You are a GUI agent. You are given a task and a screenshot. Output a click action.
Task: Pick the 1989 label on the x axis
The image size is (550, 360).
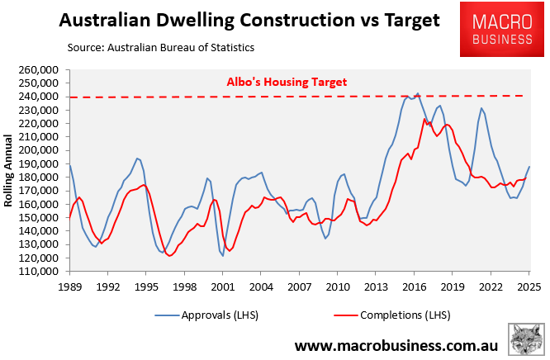[69, 287]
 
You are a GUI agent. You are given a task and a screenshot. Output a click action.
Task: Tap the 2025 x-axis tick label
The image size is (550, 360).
[529, 287]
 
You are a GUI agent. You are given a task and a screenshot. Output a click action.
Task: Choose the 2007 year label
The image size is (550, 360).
[299, 287]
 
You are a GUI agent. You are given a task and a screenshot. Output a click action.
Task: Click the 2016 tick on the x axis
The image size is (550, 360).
[414, 287]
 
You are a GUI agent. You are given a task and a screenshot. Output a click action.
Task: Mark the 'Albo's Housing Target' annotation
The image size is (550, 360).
[287, 82]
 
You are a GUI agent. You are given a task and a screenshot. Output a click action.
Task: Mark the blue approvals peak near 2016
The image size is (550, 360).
[417, 93]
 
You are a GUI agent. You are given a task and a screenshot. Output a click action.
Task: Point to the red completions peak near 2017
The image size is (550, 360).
[424, 119]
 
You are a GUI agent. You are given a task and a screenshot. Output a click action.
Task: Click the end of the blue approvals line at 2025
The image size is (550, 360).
[529, 167]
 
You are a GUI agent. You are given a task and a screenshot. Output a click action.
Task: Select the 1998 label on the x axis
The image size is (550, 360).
[184, 287]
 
